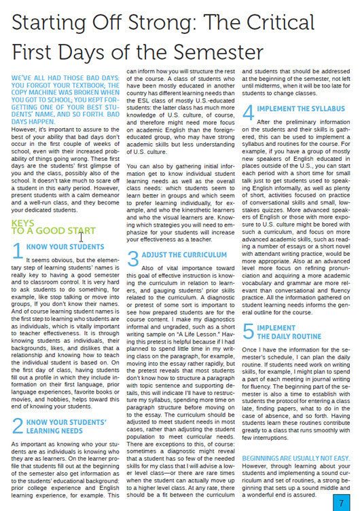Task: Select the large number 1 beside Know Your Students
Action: point(18,250)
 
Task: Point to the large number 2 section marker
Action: point(18,427)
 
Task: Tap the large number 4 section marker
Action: point(248,111)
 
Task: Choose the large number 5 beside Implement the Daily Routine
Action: point(249,332)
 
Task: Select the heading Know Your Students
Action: point(65,247)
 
